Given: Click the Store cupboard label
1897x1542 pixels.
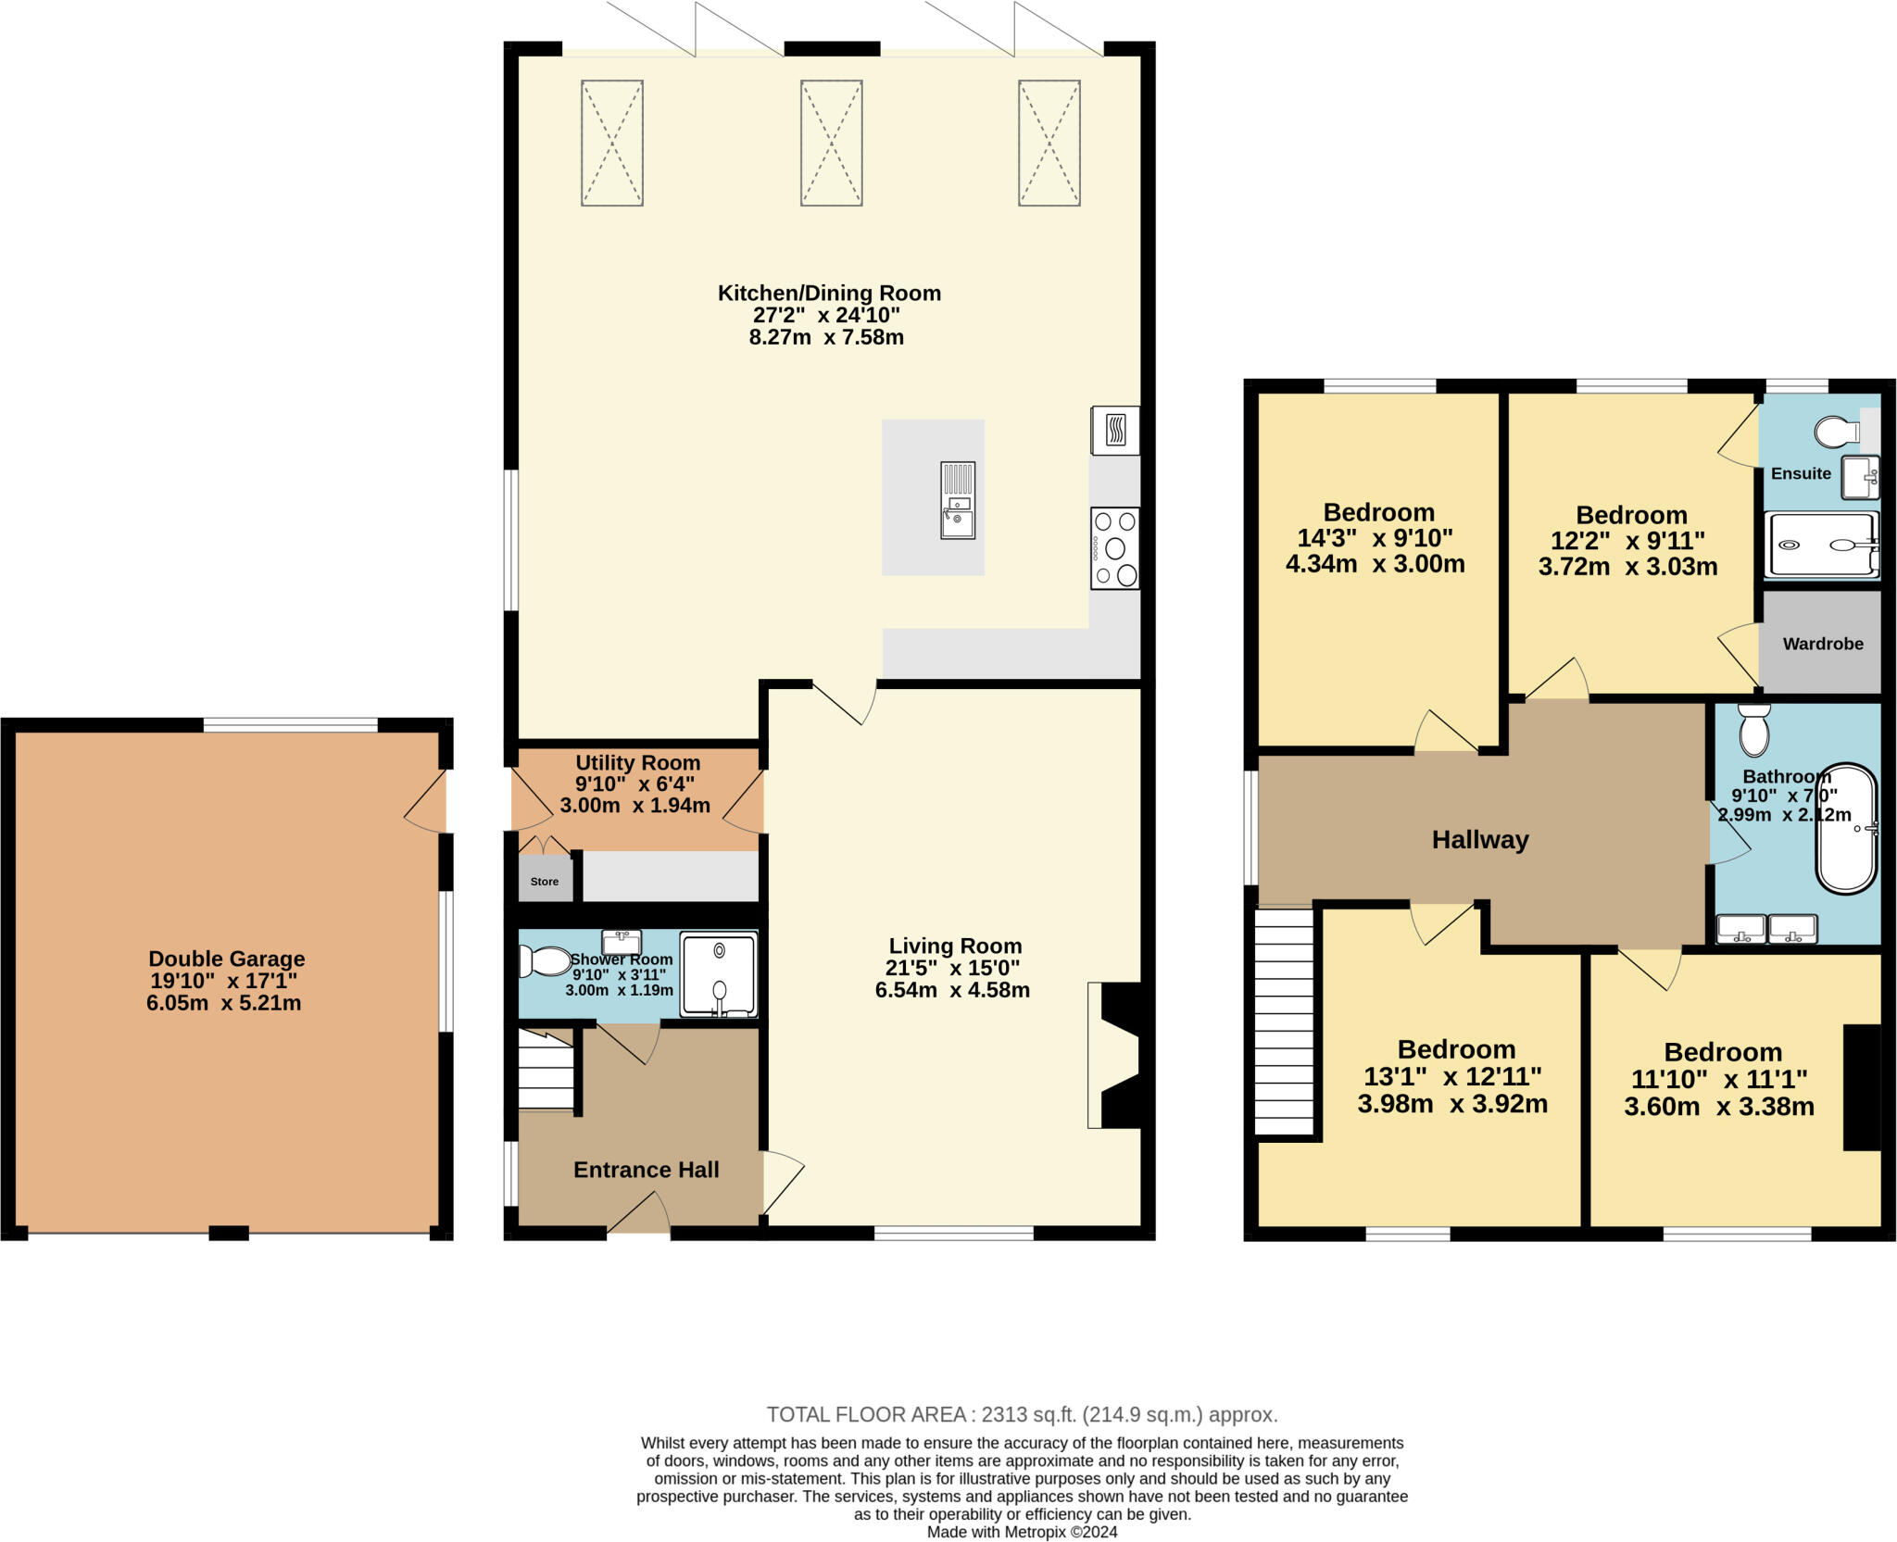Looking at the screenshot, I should point(545,882).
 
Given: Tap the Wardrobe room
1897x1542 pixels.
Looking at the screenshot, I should point(1822,644).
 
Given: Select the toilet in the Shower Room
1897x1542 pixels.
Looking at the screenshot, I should point(546,961).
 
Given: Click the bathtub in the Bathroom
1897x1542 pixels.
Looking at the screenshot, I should point(1846,828).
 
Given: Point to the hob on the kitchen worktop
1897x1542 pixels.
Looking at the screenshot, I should point(1115,548).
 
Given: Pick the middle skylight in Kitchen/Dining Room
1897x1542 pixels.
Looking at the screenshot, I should point(831,143).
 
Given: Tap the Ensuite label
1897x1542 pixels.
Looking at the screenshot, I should point(1801,473).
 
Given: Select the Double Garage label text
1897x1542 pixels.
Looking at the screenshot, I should point(227,959).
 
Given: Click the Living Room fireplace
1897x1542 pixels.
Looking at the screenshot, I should point(1118,1055).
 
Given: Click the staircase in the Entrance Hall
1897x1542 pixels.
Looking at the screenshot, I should point(546,1069).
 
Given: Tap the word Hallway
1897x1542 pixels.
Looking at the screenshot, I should point(1479,840).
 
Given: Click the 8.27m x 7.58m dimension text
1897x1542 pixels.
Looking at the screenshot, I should point(826,337).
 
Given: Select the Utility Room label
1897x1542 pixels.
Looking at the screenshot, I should point(637,763).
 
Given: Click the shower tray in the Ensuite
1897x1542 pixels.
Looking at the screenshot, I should point(1820,545).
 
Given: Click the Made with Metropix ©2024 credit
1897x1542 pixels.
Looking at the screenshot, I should point(1022,1532).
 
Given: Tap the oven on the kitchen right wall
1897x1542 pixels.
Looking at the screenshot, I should point(1115,431).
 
